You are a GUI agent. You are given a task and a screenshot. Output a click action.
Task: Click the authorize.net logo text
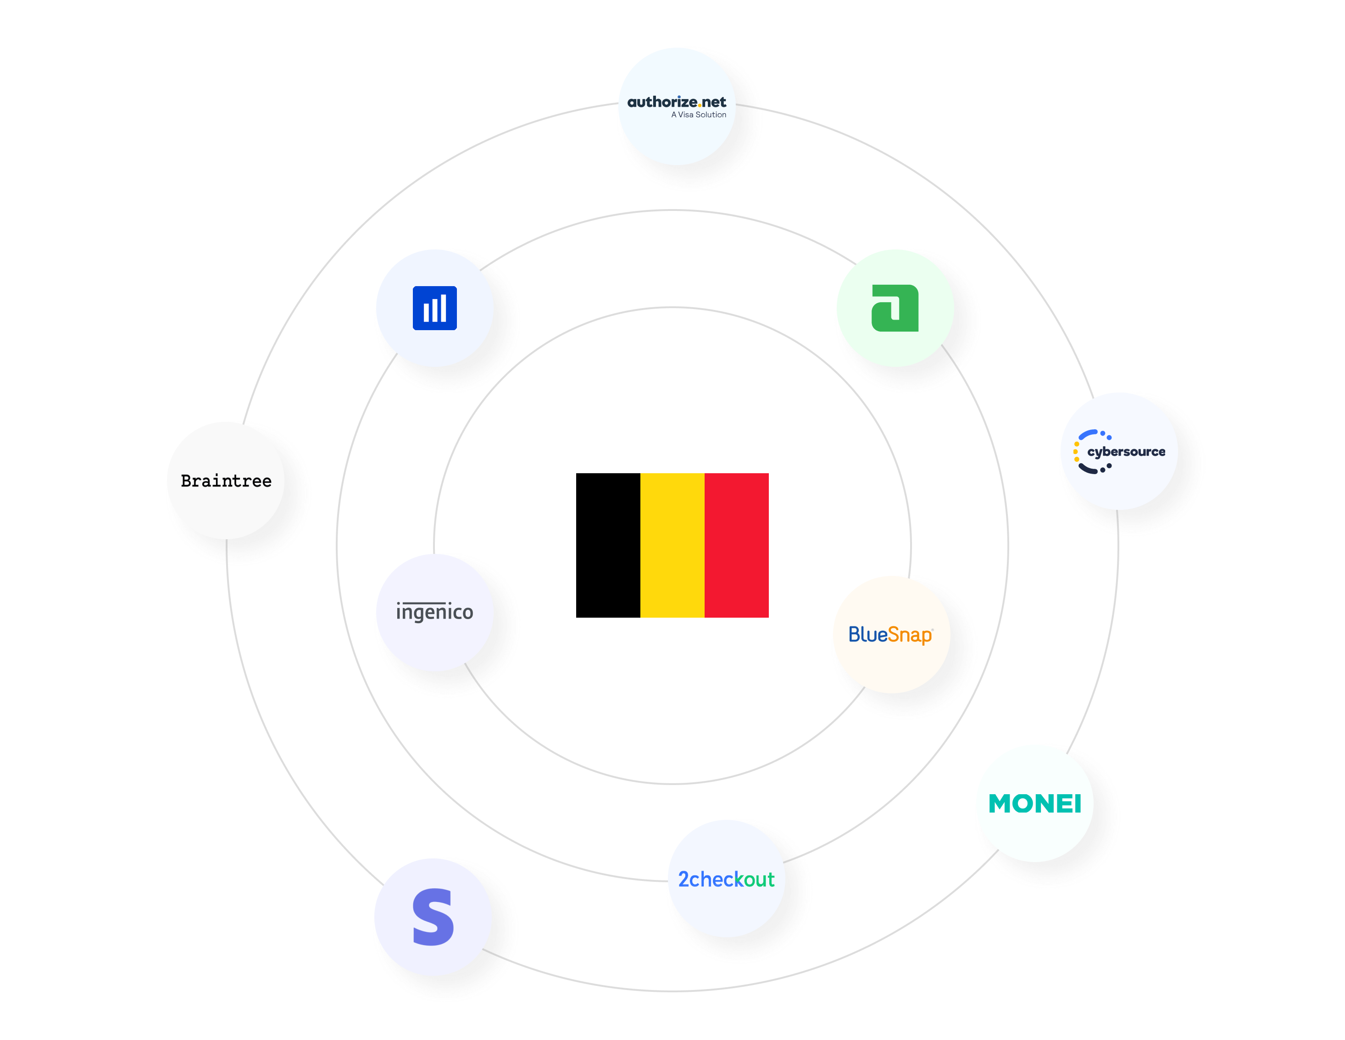coord(676,102)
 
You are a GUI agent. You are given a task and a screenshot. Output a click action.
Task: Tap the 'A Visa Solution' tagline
coord(698,115)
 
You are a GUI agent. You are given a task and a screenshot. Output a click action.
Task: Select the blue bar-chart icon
coord(435,308)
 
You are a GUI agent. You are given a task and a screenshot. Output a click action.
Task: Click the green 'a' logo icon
coord(895,308)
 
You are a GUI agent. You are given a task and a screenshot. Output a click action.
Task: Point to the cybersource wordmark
coord(1126,452)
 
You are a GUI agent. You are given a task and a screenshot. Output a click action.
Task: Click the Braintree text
coord(226,481)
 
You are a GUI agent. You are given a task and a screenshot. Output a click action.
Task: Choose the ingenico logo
coord(435,612)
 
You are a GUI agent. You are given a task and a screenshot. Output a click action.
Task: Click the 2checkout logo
coord(726,880)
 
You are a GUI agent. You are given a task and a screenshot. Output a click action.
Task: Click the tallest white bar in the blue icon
coord(444,307)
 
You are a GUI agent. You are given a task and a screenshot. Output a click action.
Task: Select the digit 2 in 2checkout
coord(683,880)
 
